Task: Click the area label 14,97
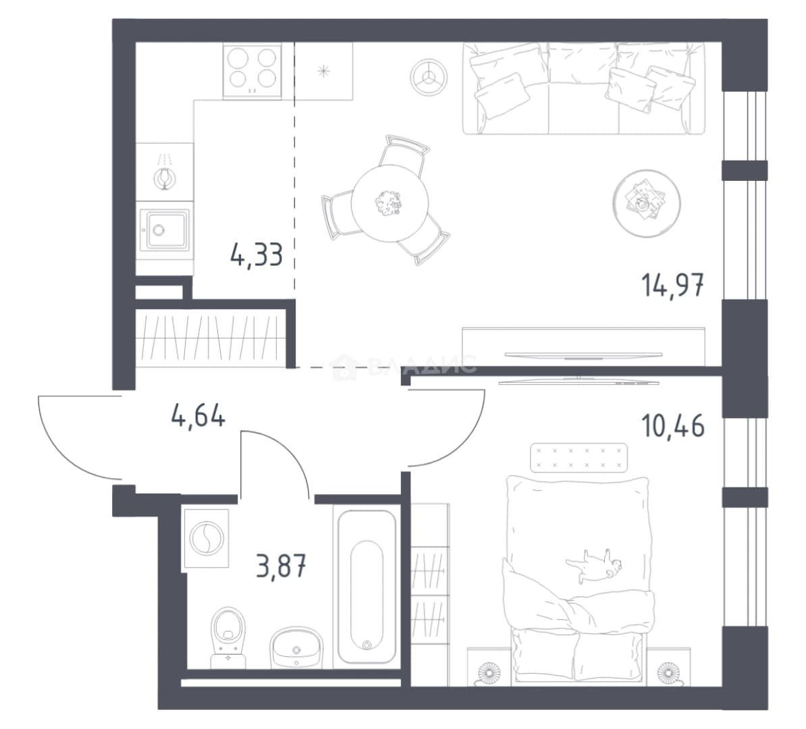point(672,286)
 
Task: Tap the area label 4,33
point(257,254)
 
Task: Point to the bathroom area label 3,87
point(281,568)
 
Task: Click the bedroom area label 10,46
point(672,426)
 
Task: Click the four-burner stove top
point(252,71)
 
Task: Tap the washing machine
point(206,538)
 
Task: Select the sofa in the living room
point(584,88)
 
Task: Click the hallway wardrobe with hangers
point(210,337)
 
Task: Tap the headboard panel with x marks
point(579,458)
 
